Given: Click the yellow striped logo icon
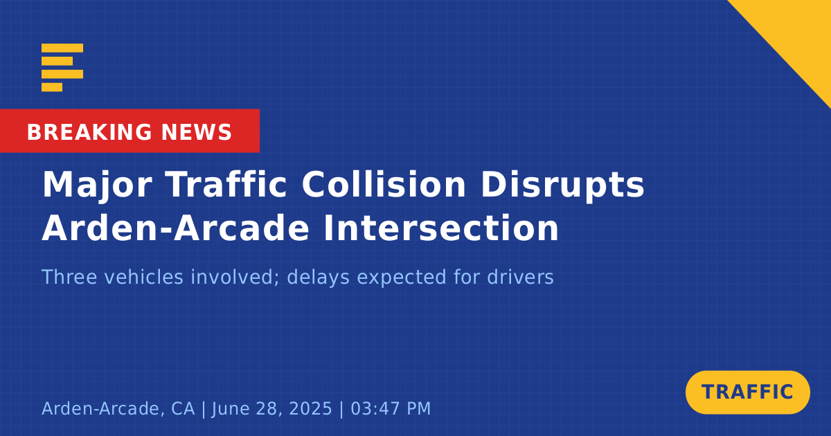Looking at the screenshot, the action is pyautogui.click(x=62, y=68).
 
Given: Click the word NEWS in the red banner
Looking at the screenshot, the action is pyautogui.click(x=197, y=132).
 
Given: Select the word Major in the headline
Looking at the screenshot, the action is pyautogui.click(x=97, y=185).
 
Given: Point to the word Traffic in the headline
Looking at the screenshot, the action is pyautogui.click(x=226, y=184).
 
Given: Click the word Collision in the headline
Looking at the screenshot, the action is pyautogui.click(x=384, y=184).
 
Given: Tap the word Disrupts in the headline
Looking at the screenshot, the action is pyautogui.click(x=562, y=185).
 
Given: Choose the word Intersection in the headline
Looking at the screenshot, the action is pyautogui.click(x=440, y=228).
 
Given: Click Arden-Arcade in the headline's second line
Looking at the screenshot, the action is pyautogui.click(x=175, y=227).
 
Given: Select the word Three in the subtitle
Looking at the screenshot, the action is pyautogui.click(x=69, y=277).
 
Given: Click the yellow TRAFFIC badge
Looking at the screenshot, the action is pyautogui.click(x=747, y=392).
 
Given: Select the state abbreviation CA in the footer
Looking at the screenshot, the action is pyautogui.click(x=183, y=408).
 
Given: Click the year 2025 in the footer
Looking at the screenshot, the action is pyautogui.click(x=310, y=408).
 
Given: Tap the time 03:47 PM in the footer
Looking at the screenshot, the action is pyautogui.click(x=391, y=408).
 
